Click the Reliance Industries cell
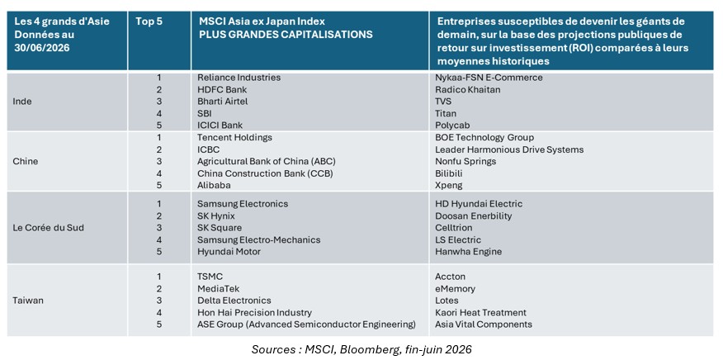coord(239,78)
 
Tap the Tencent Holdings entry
coord(234,138)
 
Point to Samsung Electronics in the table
coord(243,204)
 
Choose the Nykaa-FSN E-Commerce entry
coord(489,78)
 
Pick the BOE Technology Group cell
coord(484,138)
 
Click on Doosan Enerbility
coord(474,216)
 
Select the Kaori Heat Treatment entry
coord(480,312)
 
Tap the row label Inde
coord(23,102)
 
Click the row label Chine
coord(26,162)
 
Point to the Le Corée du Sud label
coord(49,228)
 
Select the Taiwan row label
coord(29,301)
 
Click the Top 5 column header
coord(149,21)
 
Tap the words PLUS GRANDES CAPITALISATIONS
coord(285,35)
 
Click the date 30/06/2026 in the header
coord(42,48)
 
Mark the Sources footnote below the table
coord(361,349)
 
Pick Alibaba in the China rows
coord(214,185)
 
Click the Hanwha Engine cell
coord(469,252)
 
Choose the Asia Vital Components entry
coord(483,324)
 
